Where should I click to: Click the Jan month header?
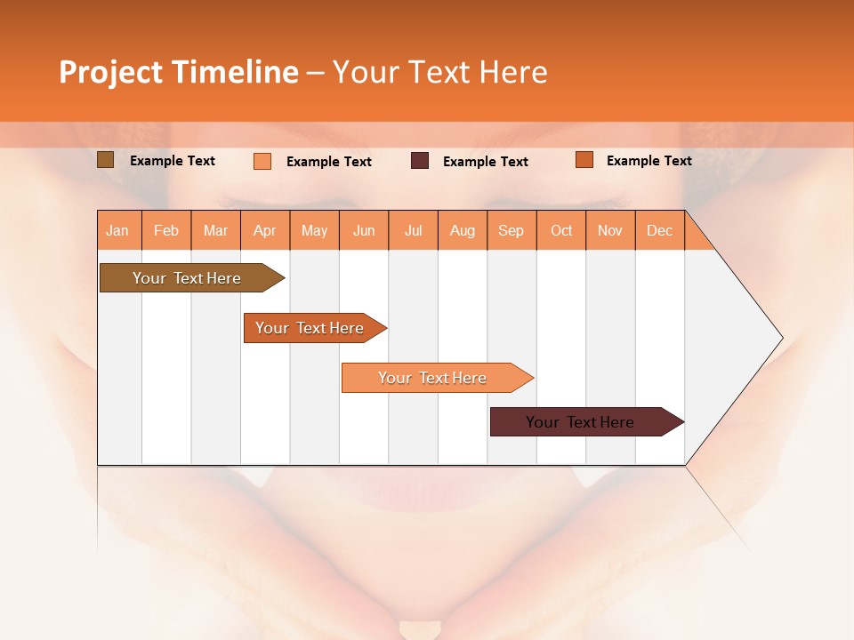click(118, 230)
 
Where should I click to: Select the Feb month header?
click(166, 230)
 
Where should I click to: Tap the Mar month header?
click(215, 230)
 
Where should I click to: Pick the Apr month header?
click(265, 230)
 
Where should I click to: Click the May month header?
click(314, 230)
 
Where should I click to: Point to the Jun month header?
click(364, 230)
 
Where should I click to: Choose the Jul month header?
click(413, 230)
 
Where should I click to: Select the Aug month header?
click(463, 230)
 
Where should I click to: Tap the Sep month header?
click(512, 230)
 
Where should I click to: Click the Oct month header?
click(561, 230)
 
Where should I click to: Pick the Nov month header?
click(610, 230)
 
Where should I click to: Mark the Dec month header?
click(660, 230)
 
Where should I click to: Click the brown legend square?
click(105, 160)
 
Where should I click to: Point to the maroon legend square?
click(420, 161)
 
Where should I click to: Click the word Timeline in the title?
click(235, 72)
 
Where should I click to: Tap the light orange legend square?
click(262, 161)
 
